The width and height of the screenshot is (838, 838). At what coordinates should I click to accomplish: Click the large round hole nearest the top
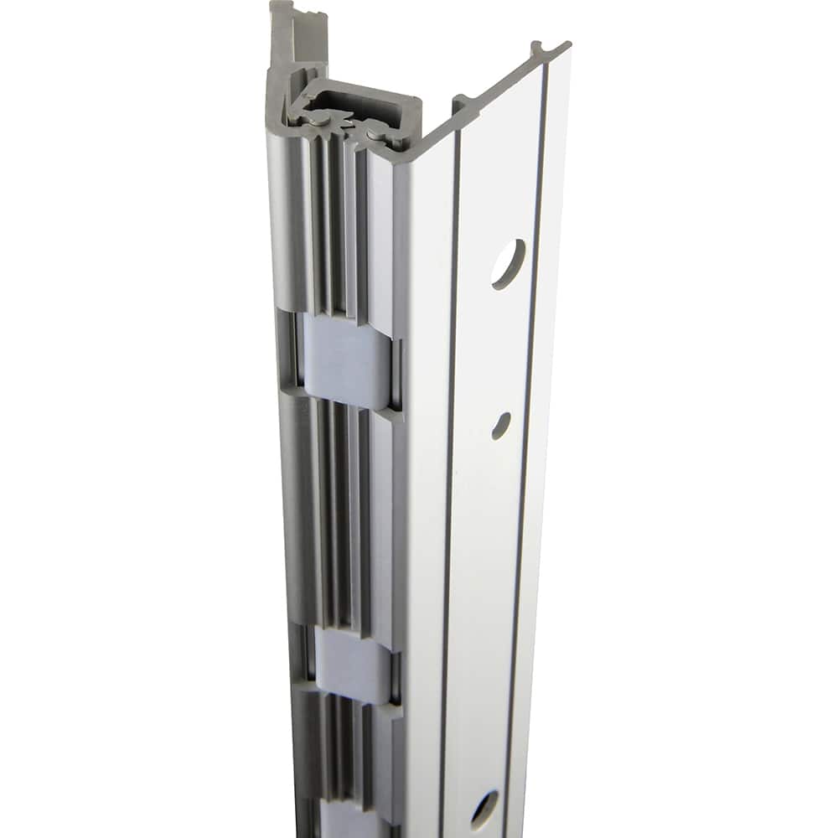coord(509,264)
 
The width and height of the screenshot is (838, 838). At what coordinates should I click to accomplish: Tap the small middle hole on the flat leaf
coord(501,424)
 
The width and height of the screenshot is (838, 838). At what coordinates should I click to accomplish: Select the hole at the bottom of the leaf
coord(484,810)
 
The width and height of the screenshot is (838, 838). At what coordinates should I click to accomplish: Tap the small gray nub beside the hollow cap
coord(461,104)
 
